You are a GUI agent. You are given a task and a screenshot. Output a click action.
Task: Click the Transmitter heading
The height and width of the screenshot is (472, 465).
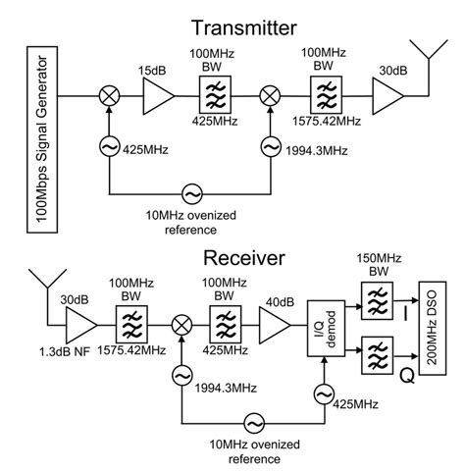[x=232, y=26]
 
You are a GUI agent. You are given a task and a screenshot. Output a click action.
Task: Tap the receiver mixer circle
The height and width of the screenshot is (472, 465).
[x=181, y=325]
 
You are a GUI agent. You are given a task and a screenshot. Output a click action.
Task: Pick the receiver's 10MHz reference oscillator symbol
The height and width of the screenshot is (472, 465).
[x=253, y=422]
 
